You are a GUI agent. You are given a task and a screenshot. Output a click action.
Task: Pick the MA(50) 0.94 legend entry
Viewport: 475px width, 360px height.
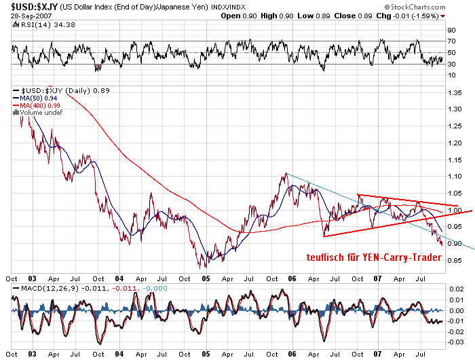(x=38, y=98)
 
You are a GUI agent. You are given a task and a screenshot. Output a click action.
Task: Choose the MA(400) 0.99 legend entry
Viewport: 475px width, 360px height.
(x=40, y=105)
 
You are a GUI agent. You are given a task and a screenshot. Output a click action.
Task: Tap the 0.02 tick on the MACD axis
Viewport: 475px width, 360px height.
(x=456, y=289)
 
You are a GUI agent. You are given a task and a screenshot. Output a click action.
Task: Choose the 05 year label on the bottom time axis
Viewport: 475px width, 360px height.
(x=204, y=278)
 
